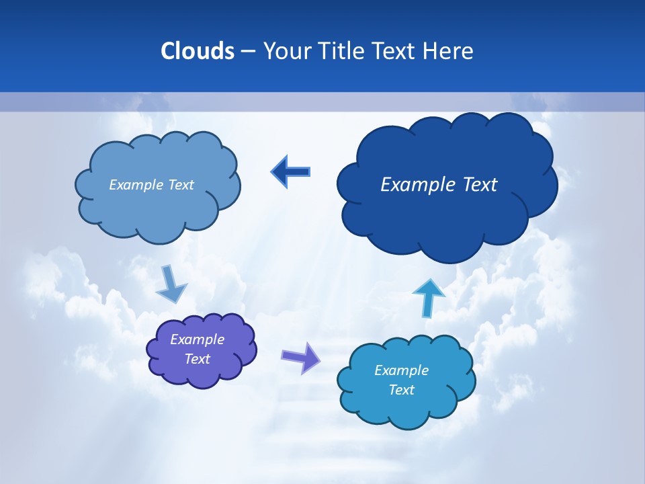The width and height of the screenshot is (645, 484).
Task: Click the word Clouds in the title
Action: click(x=197, y=51)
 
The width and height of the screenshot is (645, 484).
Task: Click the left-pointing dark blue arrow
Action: click(x=290, y=172)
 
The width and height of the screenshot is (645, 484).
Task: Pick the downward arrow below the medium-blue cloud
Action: click(x=171, y=284)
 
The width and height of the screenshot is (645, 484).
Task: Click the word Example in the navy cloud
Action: click(x=414, y=184)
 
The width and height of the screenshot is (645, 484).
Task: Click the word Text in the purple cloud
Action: click(x=198, y=359)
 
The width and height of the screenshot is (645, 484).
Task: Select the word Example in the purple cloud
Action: click(x=198, y=339)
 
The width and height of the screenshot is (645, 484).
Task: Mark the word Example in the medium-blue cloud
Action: click(x=136, y=184)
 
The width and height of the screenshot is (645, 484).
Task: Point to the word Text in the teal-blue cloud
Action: click(x=401, y=390)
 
